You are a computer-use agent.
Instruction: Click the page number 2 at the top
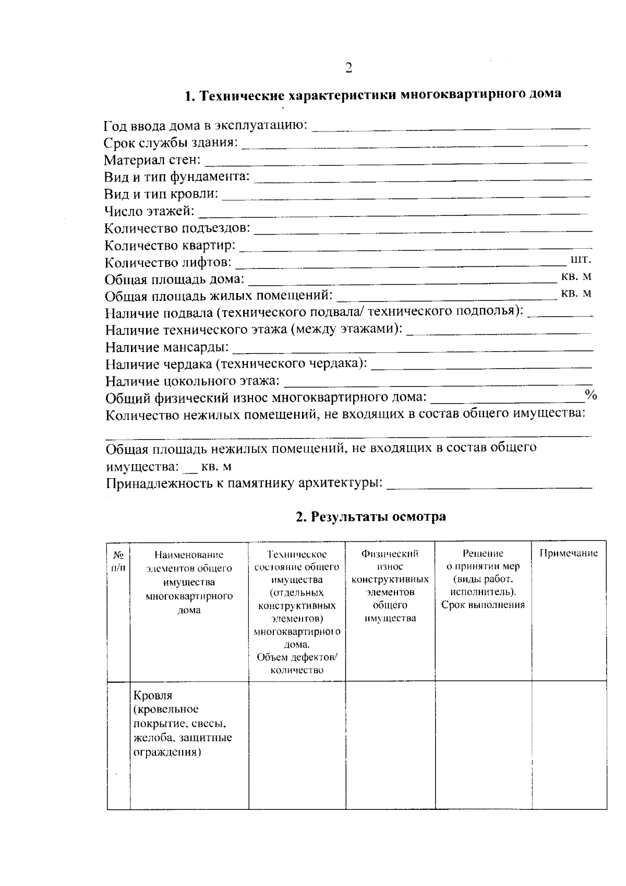(348, 68)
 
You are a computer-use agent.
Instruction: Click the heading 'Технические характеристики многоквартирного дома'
(374, 95)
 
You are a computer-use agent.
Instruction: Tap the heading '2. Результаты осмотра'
(370, 517)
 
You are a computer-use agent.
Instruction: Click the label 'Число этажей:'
(149, 212)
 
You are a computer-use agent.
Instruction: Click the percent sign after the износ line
(591, 394)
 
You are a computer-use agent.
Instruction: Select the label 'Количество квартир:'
(170, 245)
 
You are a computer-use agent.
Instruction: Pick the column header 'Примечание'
(569, 553)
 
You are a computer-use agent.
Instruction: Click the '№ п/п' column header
(118, 560)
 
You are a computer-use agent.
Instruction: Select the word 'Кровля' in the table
(153, 695)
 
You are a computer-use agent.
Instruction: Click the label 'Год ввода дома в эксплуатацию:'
(206, 126)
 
